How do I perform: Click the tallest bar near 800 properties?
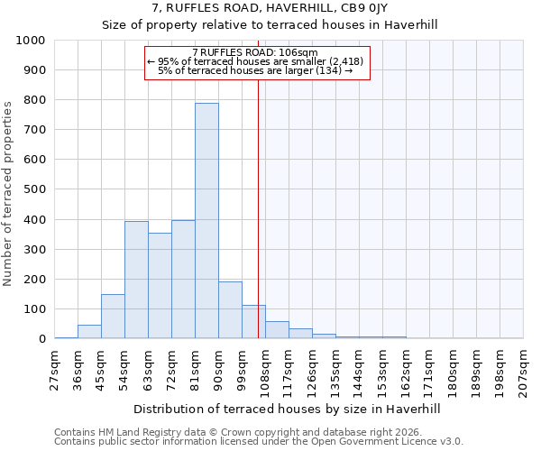tap(206, 221)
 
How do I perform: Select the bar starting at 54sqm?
tap(136, 280)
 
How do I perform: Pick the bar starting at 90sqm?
tap(230, 310)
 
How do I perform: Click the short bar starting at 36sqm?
tap(89, 332)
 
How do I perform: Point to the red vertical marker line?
tap(259, 198)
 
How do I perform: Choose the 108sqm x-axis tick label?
tap(266, 371)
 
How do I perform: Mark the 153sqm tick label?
tap(383, 371)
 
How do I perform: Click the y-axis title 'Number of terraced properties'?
tap(8, 193)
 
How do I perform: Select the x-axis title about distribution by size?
tap(288, 409)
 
